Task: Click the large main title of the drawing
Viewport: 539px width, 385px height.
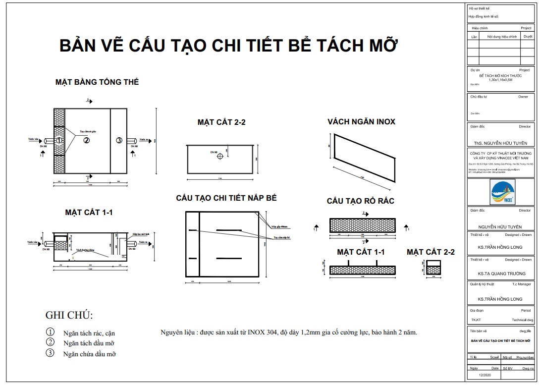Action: tap(228, 46)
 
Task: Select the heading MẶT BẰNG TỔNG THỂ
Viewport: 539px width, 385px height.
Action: tap(97, 82)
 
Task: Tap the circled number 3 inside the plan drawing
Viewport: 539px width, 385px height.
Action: tap(119, 141)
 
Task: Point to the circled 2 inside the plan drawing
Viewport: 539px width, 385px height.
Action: tap(86, 141)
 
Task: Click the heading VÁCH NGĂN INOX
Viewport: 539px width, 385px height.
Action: tap(361, 122)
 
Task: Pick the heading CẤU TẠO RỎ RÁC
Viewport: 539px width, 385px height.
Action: tap(360, 201)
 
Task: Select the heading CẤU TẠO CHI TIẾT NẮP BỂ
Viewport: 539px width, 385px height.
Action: tap(226, 198)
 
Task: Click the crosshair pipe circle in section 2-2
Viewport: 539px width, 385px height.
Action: tap(220, 156)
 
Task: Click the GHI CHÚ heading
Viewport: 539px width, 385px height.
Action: tap(69, 315)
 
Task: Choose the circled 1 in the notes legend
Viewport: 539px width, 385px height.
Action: tap(50, 332)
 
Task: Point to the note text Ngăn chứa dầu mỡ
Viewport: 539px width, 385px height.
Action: tap(90, 354)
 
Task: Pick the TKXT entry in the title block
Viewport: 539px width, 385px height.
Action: tap(476, 320)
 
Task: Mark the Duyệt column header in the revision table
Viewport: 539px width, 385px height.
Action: tap(528, 37)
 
